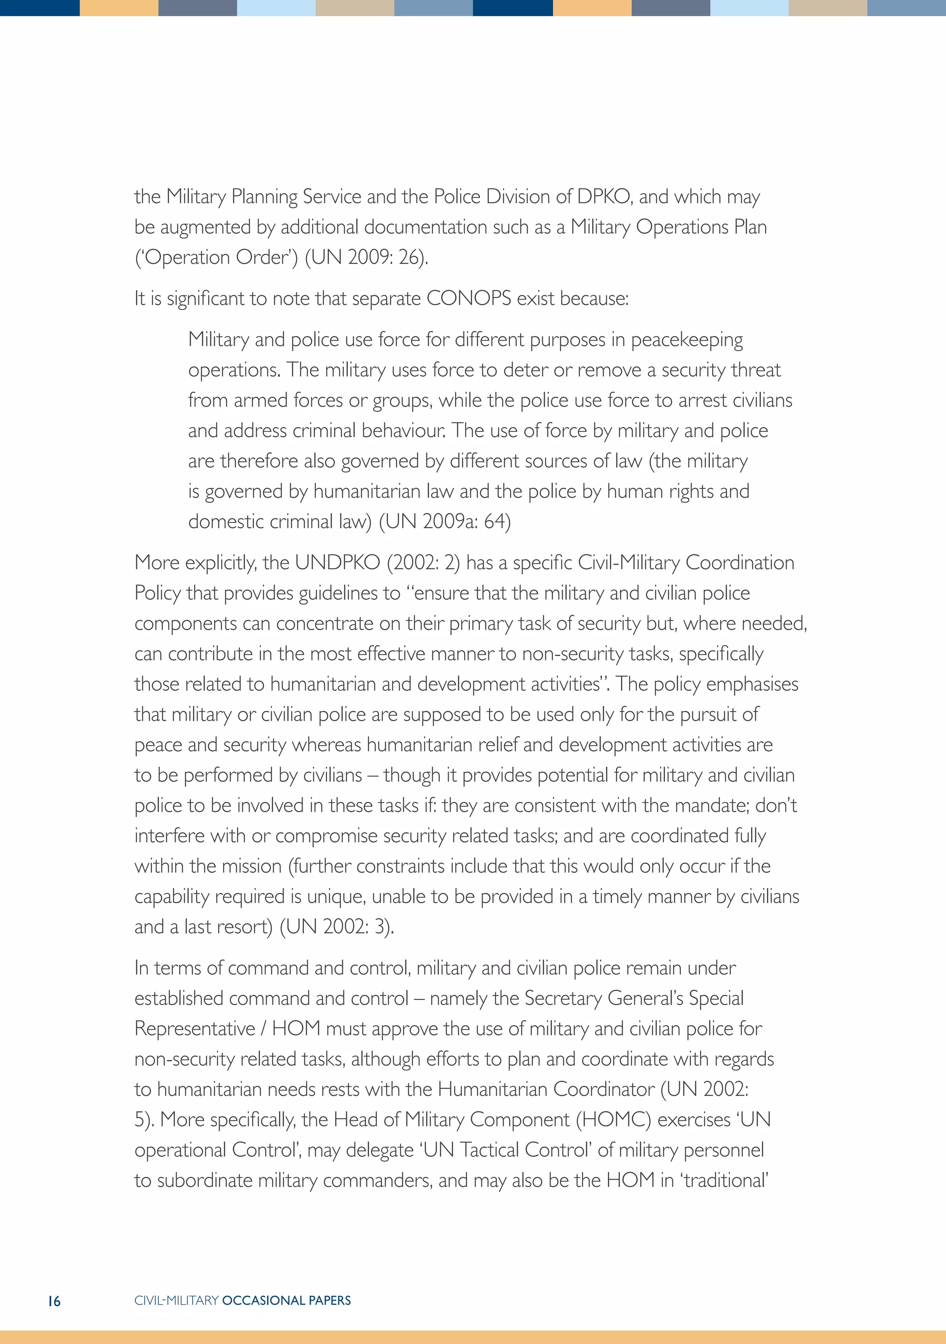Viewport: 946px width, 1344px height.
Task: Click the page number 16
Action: (x=54, y=1301)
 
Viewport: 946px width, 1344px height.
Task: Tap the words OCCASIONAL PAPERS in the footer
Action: (x=286, y=1301)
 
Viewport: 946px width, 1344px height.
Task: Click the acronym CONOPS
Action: (x=469, y=298)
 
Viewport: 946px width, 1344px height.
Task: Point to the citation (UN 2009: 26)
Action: (x=366, y=257)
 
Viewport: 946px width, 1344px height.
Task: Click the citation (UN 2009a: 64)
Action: (x=445, y=522)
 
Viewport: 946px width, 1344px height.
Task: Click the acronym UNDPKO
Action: (x=337, y=563)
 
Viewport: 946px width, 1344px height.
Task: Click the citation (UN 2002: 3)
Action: (x=337, y=927)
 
